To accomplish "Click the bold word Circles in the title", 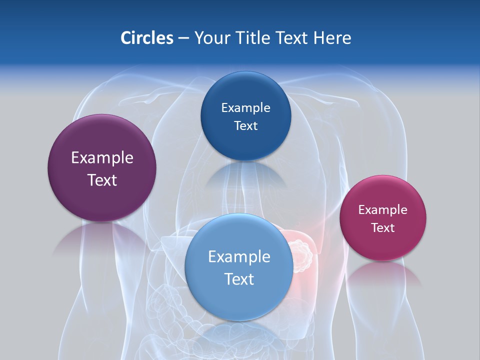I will pyautogui.click(x=146, y=38).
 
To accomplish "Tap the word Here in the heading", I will pyautogui.click(x=332, y=38).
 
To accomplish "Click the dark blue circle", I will pyautogui.click(x=245, y=116).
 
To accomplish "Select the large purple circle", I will pyautogui.click(x=102, y=168).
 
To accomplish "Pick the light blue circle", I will pyautogui.click(x=239, y=267).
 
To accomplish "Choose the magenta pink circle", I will pyautogui.click(x=382, y=218).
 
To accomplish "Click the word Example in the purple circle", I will pyautogui.click(x=102, y=157).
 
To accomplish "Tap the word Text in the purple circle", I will pyautogui.click(x=102, y=180).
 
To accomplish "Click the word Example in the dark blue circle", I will pyautogui.click(x=245, y=107).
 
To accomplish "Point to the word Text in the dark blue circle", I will pyautogui.click(x=245, y=125).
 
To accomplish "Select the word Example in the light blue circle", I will pyautogui.click(x=239, y=256).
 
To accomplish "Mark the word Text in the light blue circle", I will pyautogui.click(x=239, y=279).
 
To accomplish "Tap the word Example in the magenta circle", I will pyautogui.click(x=382, y=209).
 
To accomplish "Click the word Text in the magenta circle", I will pyautogui.click(x=382, y=227).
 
